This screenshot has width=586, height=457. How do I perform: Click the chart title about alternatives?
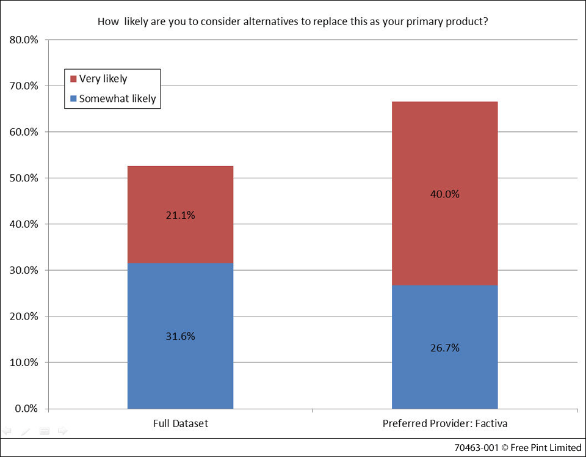point(292,21)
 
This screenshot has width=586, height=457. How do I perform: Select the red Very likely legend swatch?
point(74,79)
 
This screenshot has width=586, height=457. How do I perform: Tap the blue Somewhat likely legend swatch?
point(74,98)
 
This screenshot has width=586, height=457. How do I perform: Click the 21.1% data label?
point(180,215)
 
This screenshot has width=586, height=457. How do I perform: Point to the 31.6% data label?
point(180,336)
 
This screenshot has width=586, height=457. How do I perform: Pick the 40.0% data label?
point(444,194)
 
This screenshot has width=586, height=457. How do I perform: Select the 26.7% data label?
point(444,348)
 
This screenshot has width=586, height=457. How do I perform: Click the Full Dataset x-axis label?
point(180,423)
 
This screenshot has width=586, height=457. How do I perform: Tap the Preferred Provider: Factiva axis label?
point(444,423)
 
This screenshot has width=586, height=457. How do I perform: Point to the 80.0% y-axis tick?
point(24,40)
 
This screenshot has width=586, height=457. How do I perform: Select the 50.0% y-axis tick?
point(24,178)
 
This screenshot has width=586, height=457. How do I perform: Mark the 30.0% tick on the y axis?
point(24,271)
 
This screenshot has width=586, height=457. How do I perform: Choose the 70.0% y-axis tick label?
point(24,86)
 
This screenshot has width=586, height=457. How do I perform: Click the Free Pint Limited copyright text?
point(518,448)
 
